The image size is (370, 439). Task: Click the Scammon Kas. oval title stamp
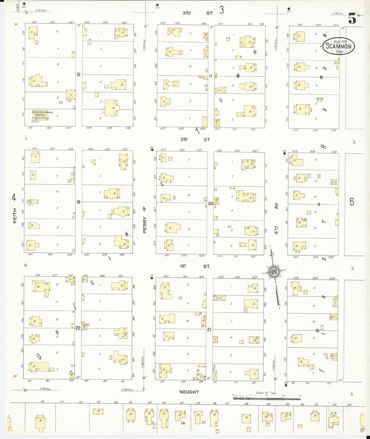tap(339, 46)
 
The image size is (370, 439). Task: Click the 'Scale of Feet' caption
tap(266, 393)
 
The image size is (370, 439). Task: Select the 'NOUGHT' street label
tap(189, 392)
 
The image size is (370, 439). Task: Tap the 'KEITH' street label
tap(15, 215)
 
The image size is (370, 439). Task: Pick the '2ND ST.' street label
tap(196, 140)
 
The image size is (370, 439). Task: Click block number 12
tap(78, 74)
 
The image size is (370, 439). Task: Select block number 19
tap(78, 202)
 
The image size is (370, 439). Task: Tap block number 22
tap(78, 328)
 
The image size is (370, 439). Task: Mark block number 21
tap(209, 329)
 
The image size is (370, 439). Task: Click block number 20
tap(210, 204)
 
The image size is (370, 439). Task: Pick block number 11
tap(211, 76)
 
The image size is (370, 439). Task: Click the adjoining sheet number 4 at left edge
tap(14, 198)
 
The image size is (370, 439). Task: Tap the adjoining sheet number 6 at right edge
tap(352, 202)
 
